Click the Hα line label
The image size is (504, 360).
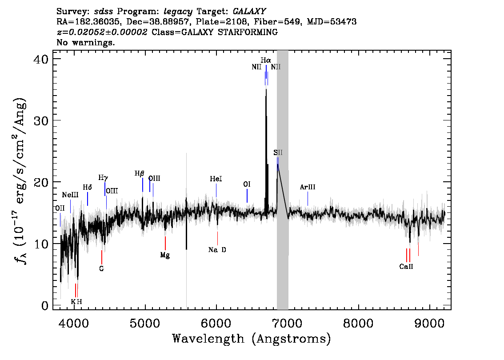pos(266,60)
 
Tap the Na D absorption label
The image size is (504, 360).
pos(217,250)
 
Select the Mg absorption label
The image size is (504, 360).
pos(165,255)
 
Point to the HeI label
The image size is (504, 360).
pos(216,179)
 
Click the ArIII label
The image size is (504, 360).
pos(308,187)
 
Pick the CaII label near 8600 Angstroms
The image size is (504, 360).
pos(406,267)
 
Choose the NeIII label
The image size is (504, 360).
pos(70,195)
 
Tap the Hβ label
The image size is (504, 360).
pos(139,174)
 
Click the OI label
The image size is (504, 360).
pos(247,184)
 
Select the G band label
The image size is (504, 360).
pos(102,269)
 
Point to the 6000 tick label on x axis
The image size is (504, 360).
pos(216,323)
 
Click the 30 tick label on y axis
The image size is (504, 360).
pos(41,120)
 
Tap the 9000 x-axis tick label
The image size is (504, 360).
pos(429,323)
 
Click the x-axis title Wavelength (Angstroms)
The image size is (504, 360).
pos(252,339)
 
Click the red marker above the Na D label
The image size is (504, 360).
pos(218,238)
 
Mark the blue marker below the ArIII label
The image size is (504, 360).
pos(308,199)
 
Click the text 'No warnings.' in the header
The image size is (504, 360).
pos(85,42)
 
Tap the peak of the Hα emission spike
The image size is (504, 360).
pos(266,89)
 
